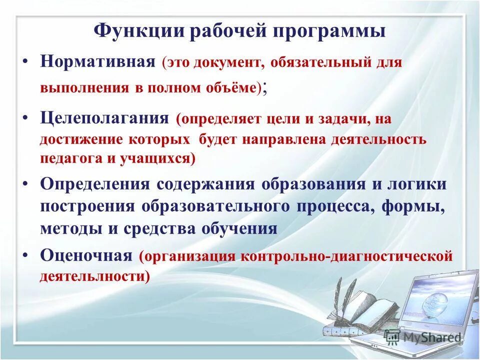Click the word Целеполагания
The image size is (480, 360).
point(104,118)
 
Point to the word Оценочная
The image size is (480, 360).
point(86,256)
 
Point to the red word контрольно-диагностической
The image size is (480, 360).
point(347,256)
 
